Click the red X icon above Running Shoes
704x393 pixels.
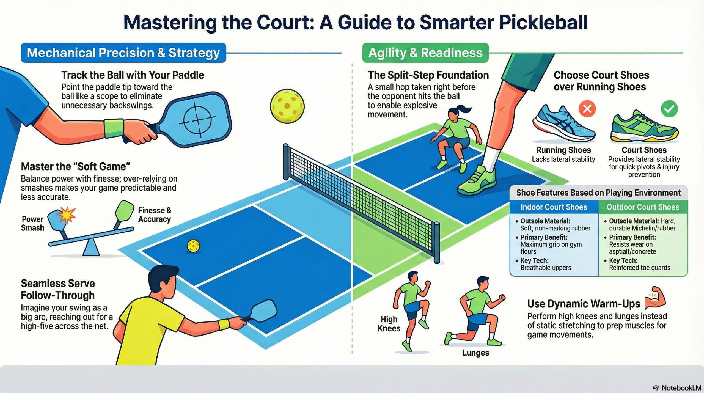click(x=587, y=109)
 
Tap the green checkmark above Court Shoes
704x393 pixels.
click(x=669, y=109)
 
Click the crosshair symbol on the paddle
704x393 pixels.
click(x=197, y=120)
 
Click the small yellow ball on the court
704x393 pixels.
click(x=193, y=246)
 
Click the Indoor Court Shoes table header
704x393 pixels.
click(x=554, y=207)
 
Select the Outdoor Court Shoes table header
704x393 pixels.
click(x=643, y=207)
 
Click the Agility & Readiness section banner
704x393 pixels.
click(x=425, y=53)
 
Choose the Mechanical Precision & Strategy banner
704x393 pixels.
click(x=123, y=53)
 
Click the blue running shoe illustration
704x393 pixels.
click(x=564, y=124)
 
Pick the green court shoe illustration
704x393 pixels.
click(x=644, y=127)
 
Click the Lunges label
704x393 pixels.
click(x=476, y=353)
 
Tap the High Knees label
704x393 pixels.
click(x=389, y=324)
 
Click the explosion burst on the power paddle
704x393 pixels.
click(x=66, y=215)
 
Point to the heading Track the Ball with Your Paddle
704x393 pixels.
click(x=133, y=75)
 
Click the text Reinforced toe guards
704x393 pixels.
click(x=640, y=268)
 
